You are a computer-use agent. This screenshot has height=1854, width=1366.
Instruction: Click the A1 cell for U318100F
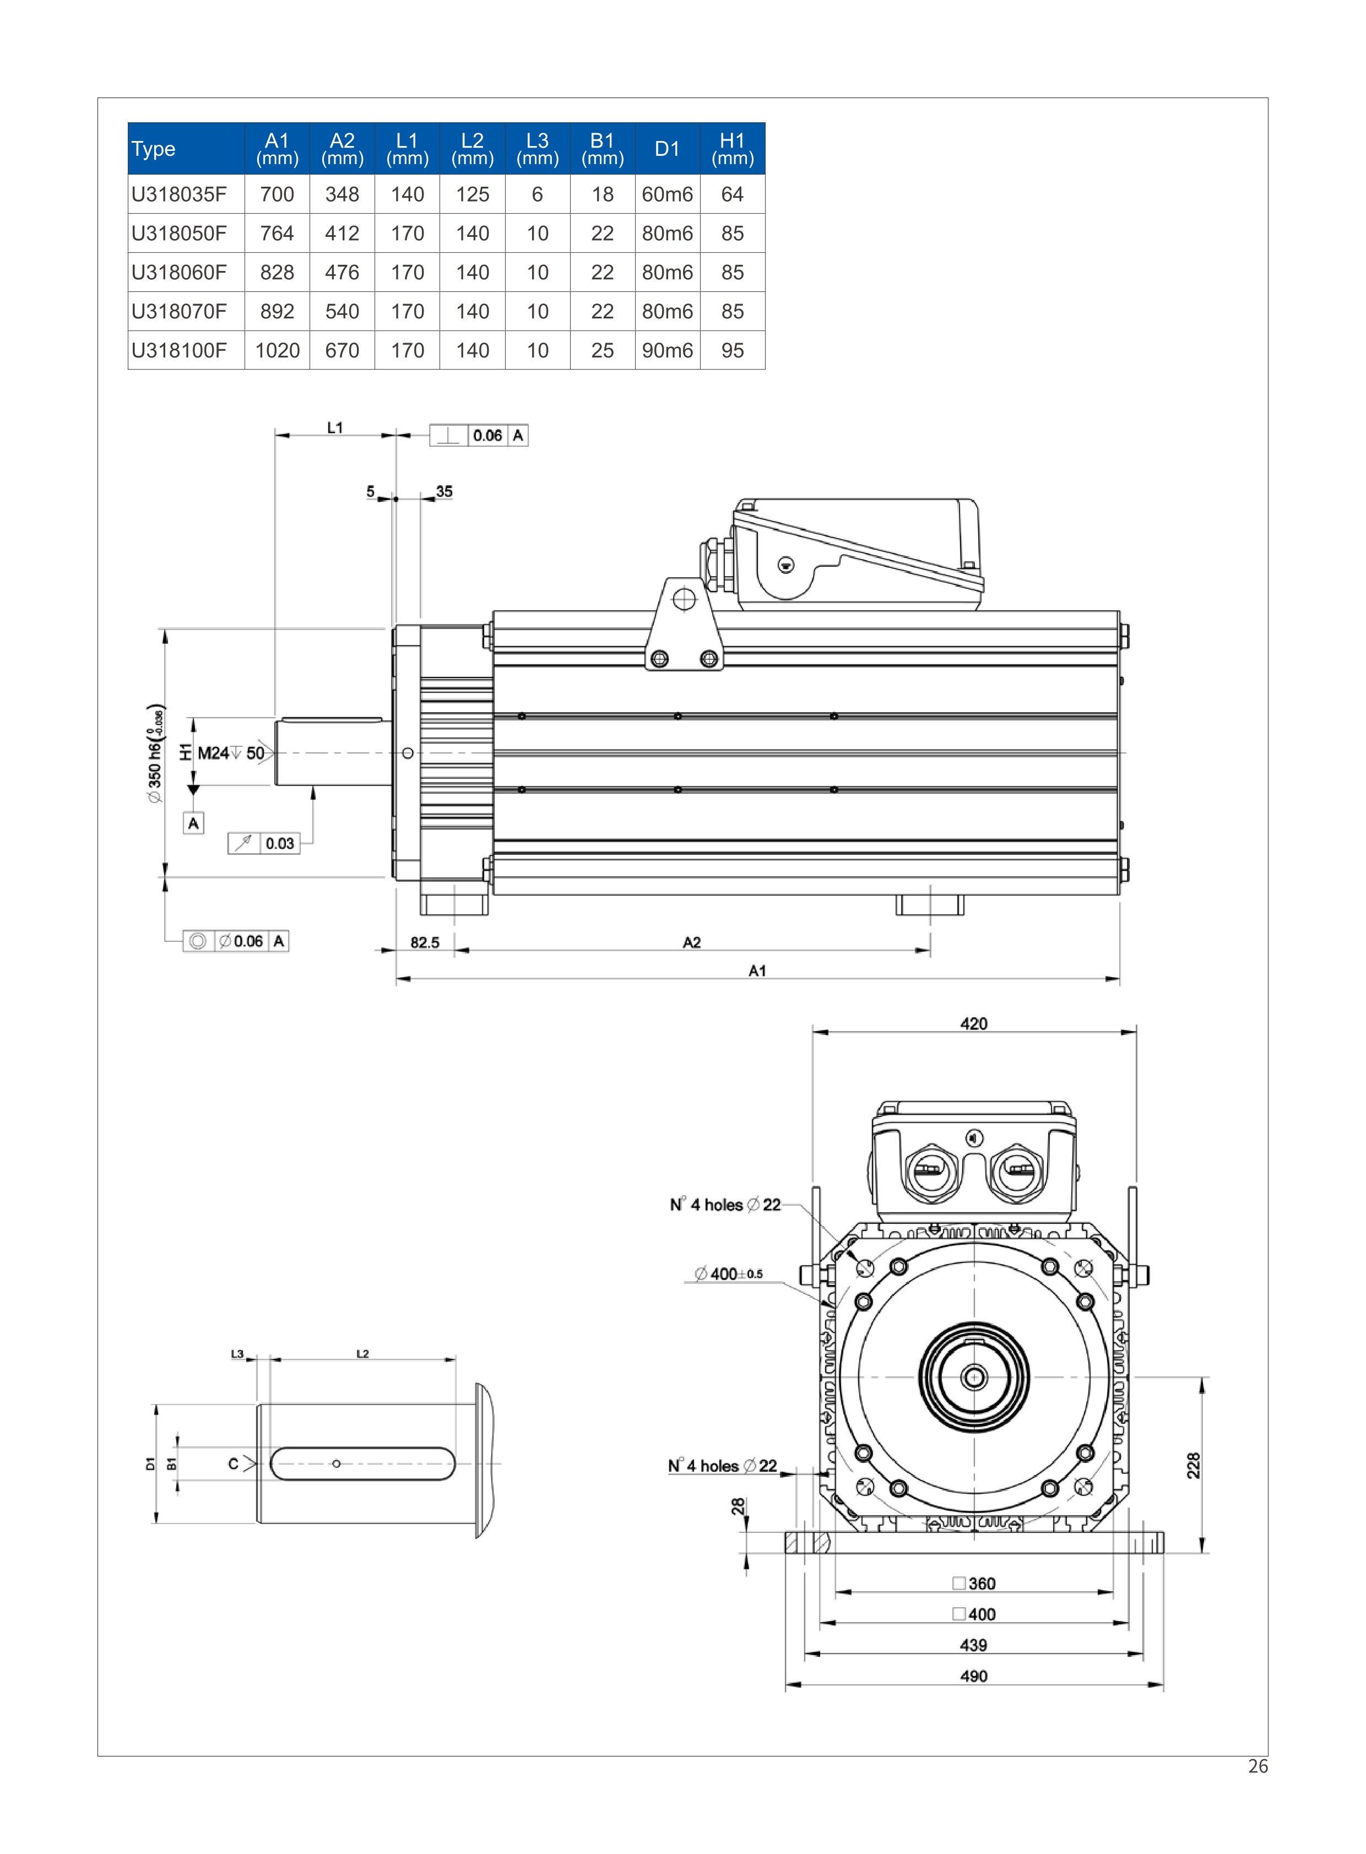point(277,351)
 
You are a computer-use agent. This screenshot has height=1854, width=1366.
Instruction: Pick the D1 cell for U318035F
point(667,194)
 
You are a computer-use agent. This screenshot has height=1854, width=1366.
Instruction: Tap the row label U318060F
point(178,272)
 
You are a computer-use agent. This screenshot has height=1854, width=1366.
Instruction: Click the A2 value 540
point(343,312)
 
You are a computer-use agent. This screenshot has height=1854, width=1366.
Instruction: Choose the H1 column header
point(733,149)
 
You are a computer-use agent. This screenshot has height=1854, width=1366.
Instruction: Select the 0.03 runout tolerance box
point(264,843)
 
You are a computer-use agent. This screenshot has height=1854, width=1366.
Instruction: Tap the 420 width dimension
point(974,1024)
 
